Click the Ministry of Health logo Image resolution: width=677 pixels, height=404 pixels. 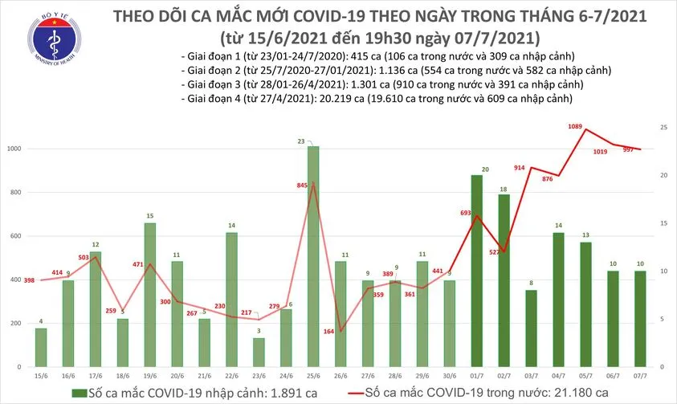[43, 40]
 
